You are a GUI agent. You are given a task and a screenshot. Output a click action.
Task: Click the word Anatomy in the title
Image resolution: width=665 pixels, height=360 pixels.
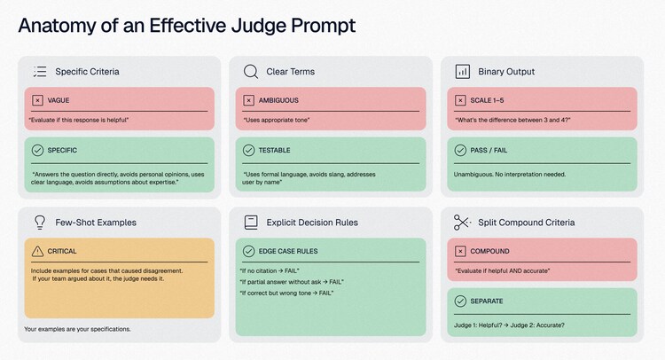tap(57, 26)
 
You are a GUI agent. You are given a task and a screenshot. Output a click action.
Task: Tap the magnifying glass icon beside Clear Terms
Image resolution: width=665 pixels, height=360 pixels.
tap(251, 72)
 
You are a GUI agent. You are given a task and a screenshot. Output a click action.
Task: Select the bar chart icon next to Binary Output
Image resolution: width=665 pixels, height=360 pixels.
tap(462, 72)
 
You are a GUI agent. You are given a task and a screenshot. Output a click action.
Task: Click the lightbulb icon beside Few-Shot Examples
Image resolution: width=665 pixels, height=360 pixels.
tap(40, 223)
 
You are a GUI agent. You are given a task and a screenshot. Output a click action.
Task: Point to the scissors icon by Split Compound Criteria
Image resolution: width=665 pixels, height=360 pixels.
tap(462, 223)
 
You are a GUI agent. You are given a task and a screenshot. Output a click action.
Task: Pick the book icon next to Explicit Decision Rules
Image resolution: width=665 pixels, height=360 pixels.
tap(251, 223)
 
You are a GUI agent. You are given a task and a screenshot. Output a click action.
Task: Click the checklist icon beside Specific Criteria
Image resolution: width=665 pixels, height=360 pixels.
tap(40, 72)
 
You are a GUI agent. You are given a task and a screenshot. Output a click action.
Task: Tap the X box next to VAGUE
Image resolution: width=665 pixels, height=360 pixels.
tap(37, 100)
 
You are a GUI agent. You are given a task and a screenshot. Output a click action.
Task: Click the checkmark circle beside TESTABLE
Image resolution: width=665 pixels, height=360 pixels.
tap(248, 150)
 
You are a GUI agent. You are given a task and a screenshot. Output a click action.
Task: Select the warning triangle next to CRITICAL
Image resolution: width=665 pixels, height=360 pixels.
tap(37, 251)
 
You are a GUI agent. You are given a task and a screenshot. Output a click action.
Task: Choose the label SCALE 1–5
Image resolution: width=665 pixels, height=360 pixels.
tap(487, 100)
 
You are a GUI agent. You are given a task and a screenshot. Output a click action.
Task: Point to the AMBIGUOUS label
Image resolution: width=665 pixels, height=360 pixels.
tap(278, 100)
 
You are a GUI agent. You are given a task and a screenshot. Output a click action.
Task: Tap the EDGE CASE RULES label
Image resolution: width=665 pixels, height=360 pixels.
tap(288, 251)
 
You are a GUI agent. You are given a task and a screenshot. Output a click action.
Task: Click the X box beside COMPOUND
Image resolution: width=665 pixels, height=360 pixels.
tap(460, 251)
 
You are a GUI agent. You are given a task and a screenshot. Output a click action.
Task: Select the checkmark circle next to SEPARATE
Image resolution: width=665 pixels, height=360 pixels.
tap(460, 301)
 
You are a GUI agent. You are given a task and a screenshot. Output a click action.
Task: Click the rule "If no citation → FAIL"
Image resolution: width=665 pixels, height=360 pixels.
tap(270, 271)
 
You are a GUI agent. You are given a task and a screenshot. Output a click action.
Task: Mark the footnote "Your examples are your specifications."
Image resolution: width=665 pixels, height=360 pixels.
tap(77, 329)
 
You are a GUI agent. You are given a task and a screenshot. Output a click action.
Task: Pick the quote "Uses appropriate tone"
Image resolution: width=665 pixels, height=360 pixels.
tap(277, 120)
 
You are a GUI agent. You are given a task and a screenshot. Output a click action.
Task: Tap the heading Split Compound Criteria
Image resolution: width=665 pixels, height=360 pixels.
tap(527, 223)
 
